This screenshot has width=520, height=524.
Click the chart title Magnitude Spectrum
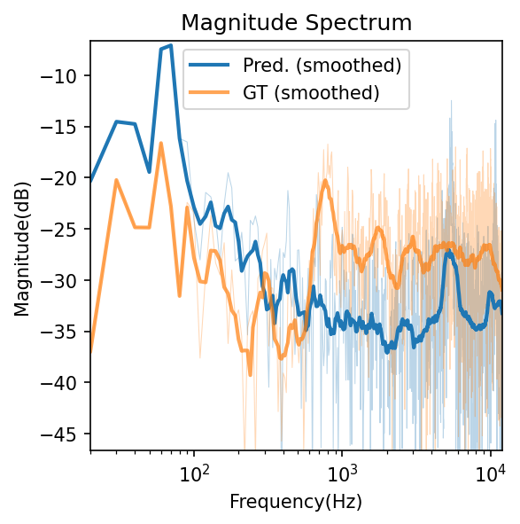[x=296, y=22]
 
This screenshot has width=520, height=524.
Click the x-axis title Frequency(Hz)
[x=296, y=501]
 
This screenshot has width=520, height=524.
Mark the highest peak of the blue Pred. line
[x=170, y=45]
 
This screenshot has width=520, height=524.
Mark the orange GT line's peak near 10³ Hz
[x=325, y=182]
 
